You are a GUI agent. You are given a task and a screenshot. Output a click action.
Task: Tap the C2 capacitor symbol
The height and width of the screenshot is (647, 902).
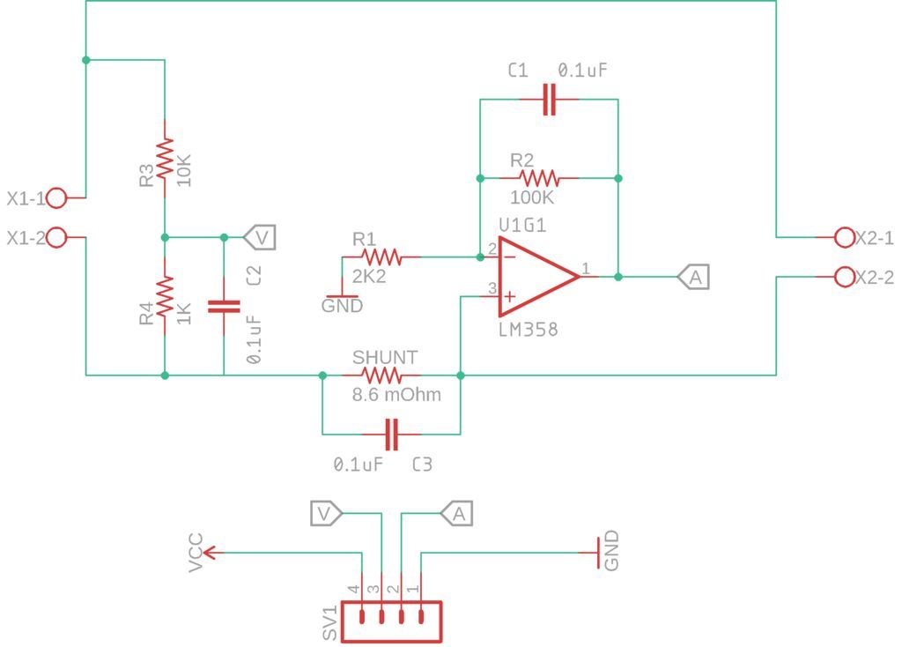[224, 306]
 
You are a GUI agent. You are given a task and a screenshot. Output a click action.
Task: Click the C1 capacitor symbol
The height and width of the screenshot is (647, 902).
[549, 100]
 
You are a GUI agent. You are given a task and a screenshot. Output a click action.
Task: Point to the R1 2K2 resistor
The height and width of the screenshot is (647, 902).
[381, 257]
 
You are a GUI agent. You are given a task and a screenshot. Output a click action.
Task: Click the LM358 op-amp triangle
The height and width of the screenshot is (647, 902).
[534, 276]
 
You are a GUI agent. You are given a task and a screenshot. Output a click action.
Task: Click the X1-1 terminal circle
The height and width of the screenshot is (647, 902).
[56, 197]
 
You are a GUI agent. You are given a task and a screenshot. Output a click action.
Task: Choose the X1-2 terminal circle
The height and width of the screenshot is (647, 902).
[56, 238]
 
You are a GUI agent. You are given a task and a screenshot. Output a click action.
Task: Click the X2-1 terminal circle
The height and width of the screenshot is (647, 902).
[844, 237]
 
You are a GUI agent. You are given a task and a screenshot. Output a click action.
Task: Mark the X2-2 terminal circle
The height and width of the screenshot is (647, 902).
[844, 277]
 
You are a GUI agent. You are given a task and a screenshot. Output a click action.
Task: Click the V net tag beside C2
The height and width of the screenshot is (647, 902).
[260, 237]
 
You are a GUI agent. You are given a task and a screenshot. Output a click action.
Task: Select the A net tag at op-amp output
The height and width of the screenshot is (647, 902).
[694, 277]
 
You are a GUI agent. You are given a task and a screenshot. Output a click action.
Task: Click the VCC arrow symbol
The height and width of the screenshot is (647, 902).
[212, 553]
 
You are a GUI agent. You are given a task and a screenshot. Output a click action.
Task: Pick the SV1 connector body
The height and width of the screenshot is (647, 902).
[391, 621]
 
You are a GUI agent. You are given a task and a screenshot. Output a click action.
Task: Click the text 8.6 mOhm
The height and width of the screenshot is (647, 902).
[396, 396]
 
